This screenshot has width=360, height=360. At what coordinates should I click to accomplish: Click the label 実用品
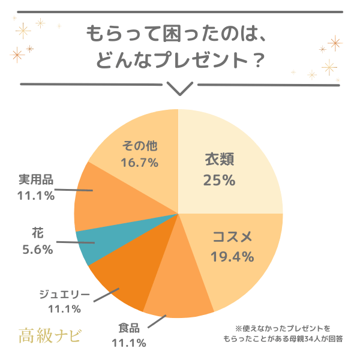tap(35, 179)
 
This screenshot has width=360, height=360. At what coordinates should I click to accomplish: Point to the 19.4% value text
tap(232, 257)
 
